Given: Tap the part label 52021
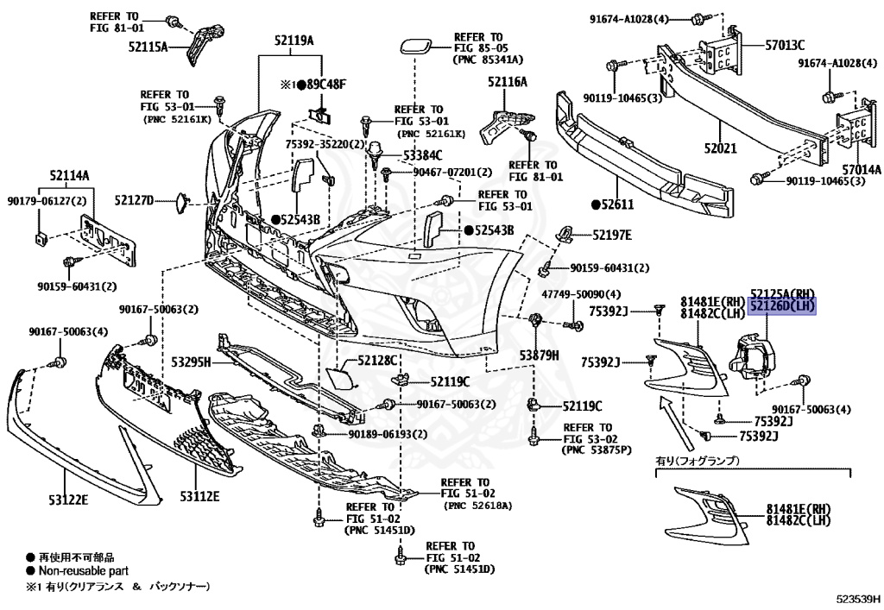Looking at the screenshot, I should pos(719,148).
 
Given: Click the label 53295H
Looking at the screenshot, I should pos(191,362).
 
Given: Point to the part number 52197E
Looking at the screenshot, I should pos(611,235).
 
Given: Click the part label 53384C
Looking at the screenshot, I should pos(422,155).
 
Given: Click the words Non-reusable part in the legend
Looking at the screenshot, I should pos(82,571).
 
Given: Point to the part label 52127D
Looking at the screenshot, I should pos(134,200).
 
